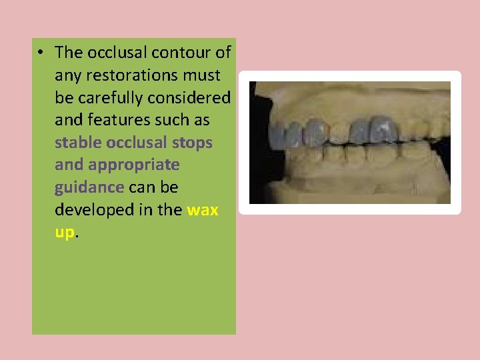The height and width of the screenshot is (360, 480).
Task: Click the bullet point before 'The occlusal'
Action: coord(41,53)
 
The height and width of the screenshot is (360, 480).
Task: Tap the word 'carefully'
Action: coord(109,97)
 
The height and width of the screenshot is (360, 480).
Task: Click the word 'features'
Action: coord(115,120)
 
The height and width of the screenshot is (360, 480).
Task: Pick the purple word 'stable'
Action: coord(78,143)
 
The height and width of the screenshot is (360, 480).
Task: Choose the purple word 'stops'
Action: coord(193,143)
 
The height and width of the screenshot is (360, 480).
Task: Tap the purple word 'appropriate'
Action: coord(133,165)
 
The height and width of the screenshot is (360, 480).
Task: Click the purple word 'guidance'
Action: coord(89,187)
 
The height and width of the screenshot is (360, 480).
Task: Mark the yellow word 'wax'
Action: coord(203,210)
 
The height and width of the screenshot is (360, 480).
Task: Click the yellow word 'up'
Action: coord(65,233)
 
